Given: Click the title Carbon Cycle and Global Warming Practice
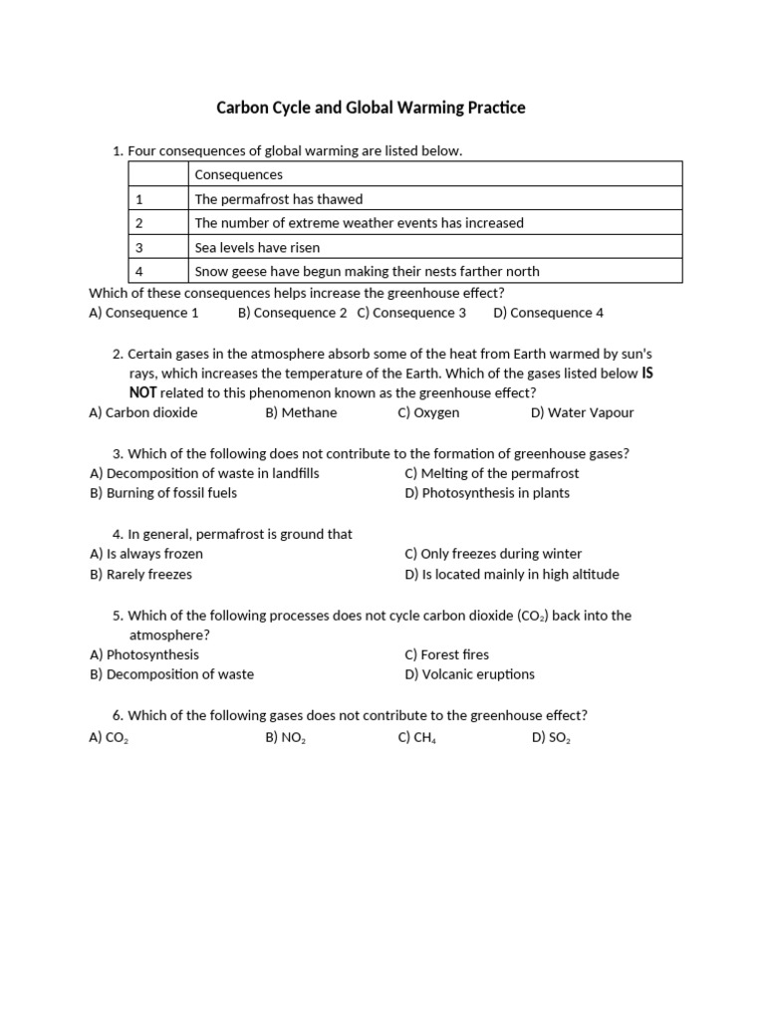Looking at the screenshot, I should click(371, 108).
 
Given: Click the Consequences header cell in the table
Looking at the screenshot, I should click(239, 174).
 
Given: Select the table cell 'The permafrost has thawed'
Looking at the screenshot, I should click(279, 199).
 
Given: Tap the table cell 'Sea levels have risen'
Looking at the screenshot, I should click(257, 247).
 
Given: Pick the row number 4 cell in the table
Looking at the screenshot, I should click(140, 271).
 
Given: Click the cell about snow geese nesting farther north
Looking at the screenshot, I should click(367, 271).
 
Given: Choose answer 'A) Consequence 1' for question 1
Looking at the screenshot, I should click(143, 313).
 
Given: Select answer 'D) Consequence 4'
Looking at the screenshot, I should click(548, 313).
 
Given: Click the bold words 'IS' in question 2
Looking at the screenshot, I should click(646, 374).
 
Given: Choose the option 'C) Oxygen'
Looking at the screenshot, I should click(428, 412).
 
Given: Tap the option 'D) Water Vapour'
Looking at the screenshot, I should click(582, 412).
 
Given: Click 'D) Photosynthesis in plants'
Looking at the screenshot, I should click(487, 493).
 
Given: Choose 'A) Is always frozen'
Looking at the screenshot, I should click(146, 554).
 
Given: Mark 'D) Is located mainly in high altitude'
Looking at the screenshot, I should click(512, 574).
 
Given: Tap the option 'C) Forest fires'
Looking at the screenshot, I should click(447, 654).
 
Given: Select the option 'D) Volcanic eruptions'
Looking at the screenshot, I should click(469, 674).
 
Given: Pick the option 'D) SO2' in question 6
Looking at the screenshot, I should click(551, 738).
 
